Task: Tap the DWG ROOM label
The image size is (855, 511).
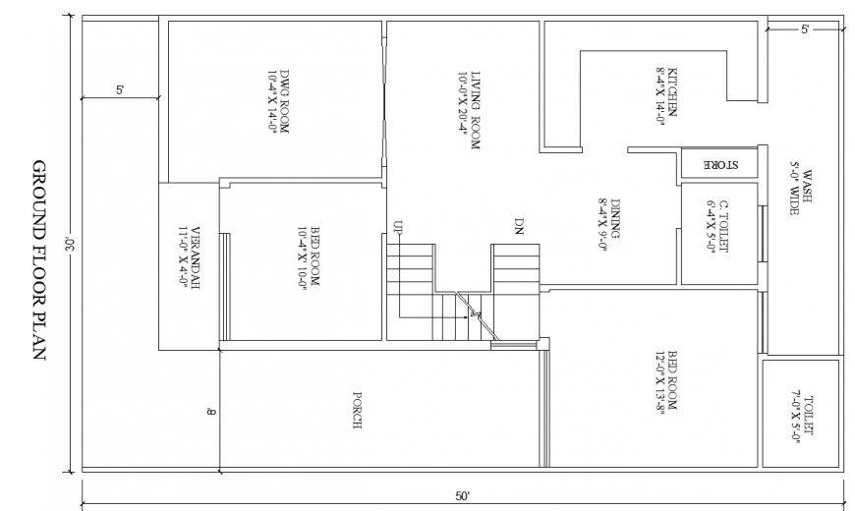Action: coord(280,101)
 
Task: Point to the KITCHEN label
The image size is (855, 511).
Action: coord(667,98)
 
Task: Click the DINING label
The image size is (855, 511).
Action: coord(609,218)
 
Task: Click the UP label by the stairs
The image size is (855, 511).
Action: coord(397,226)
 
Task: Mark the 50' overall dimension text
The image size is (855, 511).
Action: coord(463,495)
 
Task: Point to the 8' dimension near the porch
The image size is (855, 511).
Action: coord(210,411)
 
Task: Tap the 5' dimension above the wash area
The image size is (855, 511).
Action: coord(804,31)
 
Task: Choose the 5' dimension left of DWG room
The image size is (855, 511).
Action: coord(119,90)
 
